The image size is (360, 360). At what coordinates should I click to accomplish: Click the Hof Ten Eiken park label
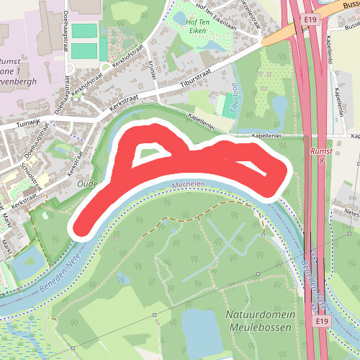tap(202, 27)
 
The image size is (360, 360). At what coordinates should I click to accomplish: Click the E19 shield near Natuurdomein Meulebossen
tap(321, 320)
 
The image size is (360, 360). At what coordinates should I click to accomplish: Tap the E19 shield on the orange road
tap(310, 19)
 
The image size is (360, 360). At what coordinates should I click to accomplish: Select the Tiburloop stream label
tap(235, 100)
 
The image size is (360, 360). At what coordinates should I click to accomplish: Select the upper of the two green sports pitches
tap(84, 32)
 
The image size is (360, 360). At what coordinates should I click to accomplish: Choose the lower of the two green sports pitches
tap(84, 51)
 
